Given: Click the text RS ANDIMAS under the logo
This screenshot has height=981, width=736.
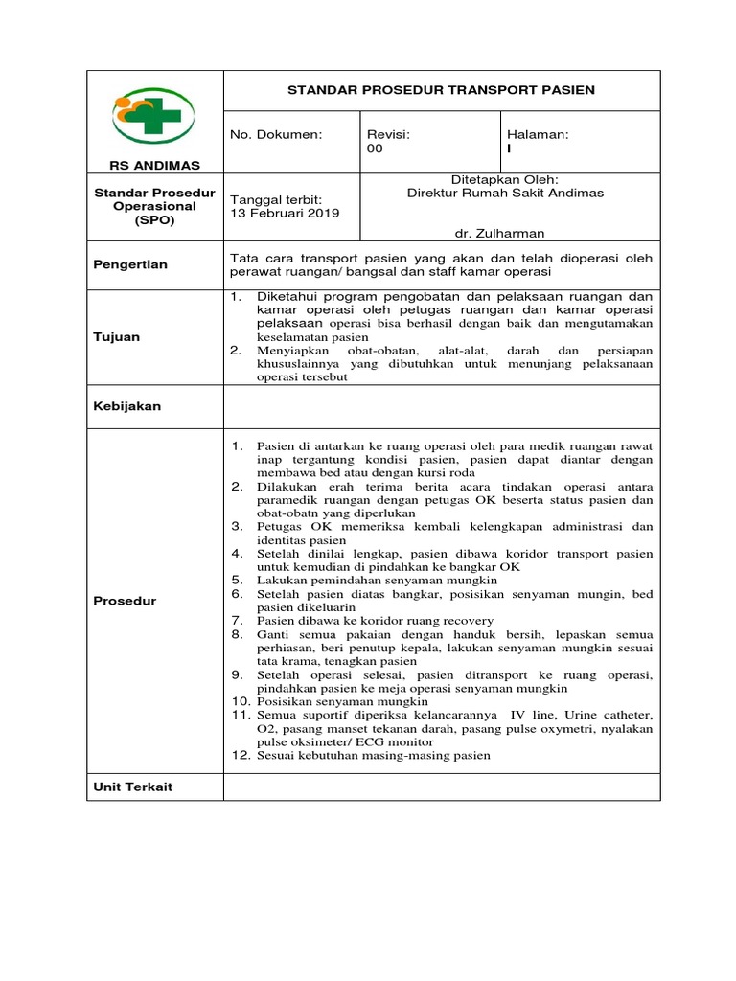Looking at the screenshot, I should pos(154,166).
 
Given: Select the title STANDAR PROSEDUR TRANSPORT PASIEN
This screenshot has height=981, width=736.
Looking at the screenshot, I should pos(442,90).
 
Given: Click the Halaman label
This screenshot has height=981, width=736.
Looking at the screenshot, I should pos(538,135).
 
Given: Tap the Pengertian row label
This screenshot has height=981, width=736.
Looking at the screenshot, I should pos(130,264).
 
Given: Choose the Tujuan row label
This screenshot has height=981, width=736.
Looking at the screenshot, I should pos(116,336).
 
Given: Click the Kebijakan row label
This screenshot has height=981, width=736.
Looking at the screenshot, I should pos(126,406).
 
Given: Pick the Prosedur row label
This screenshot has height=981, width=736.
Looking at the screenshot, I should pos(125,601).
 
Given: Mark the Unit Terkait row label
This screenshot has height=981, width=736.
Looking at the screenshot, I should pos(132,787).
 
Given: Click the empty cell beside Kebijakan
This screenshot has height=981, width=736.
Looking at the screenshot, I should pos(442,406).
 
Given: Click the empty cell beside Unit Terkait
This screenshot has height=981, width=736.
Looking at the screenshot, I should pos(442,787).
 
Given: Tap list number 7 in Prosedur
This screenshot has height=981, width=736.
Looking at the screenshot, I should pos(238,621).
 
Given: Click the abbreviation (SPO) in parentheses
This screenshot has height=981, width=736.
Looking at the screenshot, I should pos(154,220).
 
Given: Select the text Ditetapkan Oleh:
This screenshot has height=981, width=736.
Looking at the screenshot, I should pos(504,178).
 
